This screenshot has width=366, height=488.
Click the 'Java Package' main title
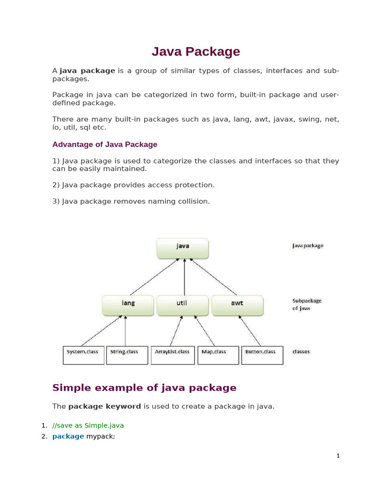[x=196, y=51]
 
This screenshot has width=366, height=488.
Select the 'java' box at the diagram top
[x=183, y=248]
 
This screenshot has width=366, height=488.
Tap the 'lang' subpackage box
[x=128, y=305]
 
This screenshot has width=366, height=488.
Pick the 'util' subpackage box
[x=183, y=305]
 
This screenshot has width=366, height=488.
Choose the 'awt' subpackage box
[x=237, y=305]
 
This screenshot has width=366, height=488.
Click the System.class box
[x=83, y=355]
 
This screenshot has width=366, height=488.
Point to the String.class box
[x=127, y=355]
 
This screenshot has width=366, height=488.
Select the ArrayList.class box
[x=173, y=355]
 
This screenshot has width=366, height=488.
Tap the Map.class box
[x=218, y=355]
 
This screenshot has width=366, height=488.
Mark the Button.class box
[x=262, y=355]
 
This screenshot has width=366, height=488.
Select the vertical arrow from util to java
[x=184, y=277]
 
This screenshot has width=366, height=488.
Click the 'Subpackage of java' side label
[x=306, y=305]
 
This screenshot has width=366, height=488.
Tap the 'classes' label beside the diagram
[x=301, y=352]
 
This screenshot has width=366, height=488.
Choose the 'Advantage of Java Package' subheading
[x=105, y=144]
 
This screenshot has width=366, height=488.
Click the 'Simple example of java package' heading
[x=144, y=387]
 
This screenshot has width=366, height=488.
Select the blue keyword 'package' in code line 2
[x=68, y=436]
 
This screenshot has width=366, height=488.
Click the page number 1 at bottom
[x=338, y=456]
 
